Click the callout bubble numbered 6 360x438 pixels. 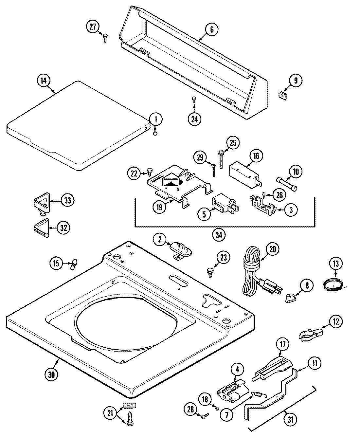[x=211, y=30]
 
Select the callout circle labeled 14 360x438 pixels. [x=44, y=81]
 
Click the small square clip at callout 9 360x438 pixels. [x=281, y=95]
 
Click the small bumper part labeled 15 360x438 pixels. [x=74, y=264]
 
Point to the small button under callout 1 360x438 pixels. [x=155, y=133]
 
